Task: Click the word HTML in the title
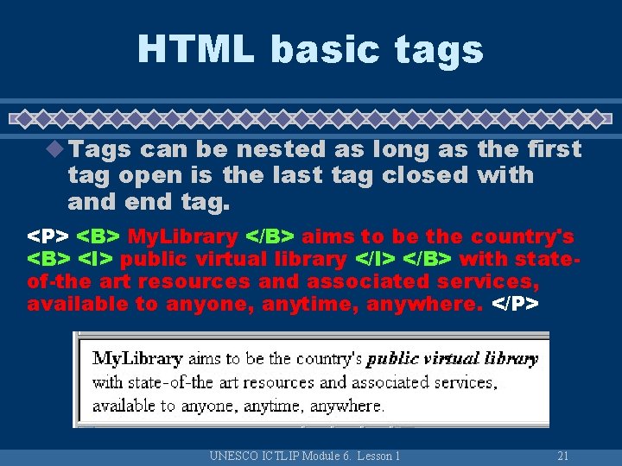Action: point(196,48)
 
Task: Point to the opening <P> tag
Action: point(48,236)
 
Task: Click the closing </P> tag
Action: point(515,304)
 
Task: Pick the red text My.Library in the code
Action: point(182,236)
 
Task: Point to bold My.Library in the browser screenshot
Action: point(137,358)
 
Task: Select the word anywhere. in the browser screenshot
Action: point(346,405)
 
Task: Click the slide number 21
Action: point(562,456)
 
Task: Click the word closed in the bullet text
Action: point(424,175)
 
